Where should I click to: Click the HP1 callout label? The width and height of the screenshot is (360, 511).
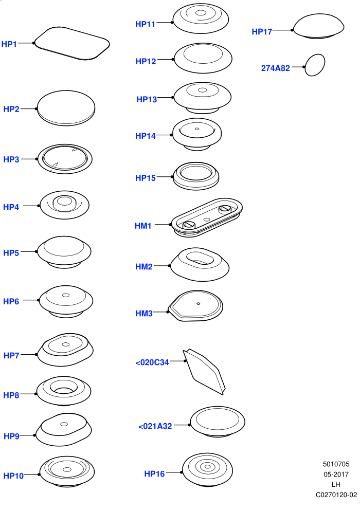click(9, 44)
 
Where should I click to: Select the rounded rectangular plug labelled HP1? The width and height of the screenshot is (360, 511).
click(72, 43)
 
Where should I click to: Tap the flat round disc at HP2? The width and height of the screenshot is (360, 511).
click(66, 108)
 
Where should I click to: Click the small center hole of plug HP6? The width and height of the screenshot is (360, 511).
click(66, 295)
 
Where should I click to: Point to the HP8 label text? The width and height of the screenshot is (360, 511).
click(11, 395)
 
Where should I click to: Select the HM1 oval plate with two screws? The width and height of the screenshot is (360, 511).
click(207, 217)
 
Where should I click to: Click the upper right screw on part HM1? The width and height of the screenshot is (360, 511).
click(225, 209)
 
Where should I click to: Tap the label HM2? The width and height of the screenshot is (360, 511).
click(144, 267)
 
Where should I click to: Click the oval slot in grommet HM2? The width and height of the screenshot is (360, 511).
click(200, 258)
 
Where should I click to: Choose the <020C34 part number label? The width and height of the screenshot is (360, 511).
click(152, 362)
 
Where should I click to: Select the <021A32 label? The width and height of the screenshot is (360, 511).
click(155, 426)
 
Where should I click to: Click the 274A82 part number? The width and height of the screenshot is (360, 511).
click(276, 68)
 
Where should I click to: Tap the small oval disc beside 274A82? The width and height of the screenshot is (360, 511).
click(315, 65)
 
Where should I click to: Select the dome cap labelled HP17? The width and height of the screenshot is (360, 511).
click(318, 26)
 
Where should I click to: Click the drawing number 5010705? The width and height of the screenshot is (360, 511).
click(336, 464)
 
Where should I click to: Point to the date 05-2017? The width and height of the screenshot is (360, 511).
click(336, 474)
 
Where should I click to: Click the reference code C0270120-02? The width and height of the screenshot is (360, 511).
click(336, 495)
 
